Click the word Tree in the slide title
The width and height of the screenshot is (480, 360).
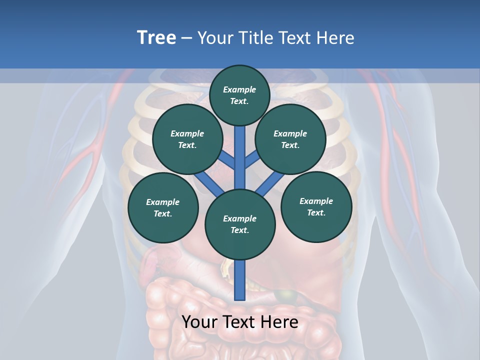pyautogui.click(x=156, y=38)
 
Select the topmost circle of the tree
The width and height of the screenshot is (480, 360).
pyautogui.click(x=239, y=95)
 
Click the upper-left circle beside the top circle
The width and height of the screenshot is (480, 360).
pyautogui.click(x=187, y=139)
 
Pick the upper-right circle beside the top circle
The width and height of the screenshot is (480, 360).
pyautogui.click(x=290, y=139)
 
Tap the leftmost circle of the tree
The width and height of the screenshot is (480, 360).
pyautogui.click(x=162, y=207)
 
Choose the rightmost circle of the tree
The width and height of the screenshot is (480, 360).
pyautogui.click(x=316, y=206)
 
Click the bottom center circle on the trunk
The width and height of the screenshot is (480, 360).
pyautogui.click(x=240, y=224)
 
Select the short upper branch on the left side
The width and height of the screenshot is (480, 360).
pyautogui.click(x=227, y=159)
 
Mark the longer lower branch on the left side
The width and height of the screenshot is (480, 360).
pyautogui.click(x=208, y=183)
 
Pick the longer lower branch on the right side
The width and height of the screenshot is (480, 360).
pyautogui.click(x=270, y=183)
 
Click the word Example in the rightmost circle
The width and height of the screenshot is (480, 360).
pyautogui.click(x=316, y=201)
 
